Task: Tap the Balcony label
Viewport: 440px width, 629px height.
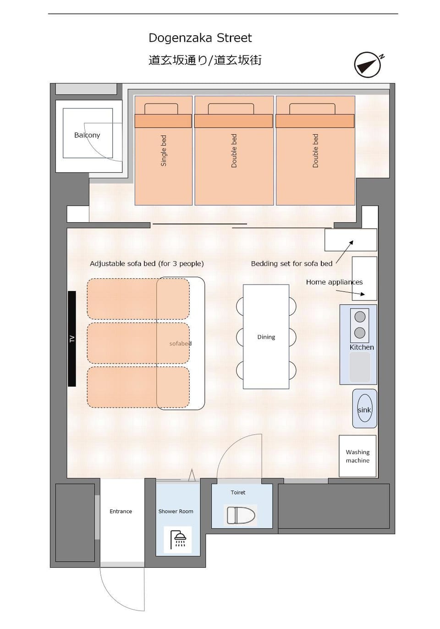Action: click(87, 135)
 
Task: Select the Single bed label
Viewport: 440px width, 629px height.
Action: click(164, 151)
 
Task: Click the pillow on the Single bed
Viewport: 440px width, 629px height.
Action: click(161, 109)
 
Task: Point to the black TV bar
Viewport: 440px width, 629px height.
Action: click(72, 339)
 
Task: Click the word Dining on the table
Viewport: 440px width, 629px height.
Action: click(266, 337)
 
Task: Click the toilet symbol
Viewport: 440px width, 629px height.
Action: click(241, 515)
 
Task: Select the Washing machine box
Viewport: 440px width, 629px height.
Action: click(357, 456)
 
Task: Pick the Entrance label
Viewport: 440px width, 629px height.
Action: click(121, 511)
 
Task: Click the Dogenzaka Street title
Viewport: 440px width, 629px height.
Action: click(200, 38)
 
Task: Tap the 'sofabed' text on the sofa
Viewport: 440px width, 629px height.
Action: click(181, 344)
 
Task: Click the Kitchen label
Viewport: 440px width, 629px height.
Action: click(362, 347)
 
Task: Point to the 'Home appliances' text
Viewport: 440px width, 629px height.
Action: click(335, 282)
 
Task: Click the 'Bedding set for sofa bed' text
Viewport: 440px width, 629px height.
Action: click(291, 264)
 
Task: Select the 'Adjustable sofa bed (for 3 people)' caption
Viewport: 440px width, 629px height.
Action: click(147, 264)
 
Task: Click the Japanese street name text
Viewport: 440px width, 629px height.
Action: click(205, 60)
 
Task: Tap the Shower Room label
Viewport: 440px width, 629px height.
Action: click(176, 511)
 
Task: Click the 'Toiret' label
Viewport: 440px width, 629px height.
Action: click(238, 492)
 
